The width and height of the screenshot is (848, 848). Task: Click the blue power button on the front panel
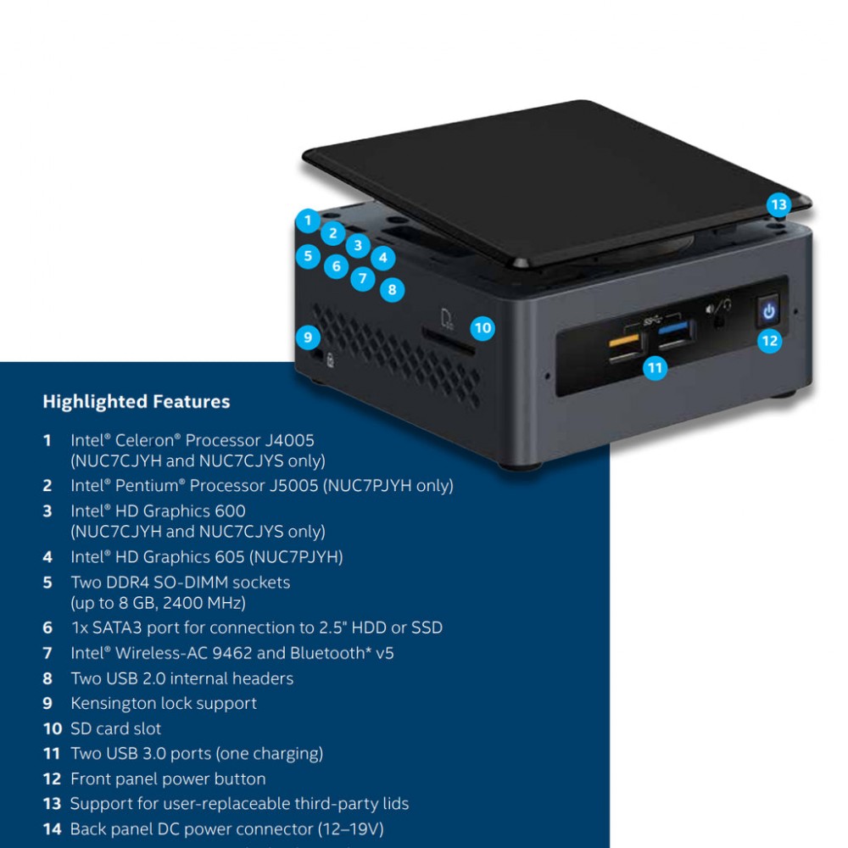[768, 311]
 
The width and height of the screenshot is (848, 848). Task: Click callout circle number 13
[778, 204]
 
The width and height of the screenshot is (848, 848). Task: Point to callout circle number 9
[308, 338]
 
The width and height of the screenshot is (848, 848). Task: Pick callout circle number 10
[483, 327]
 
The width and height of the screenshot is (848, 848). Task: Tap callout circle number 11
[655, 368]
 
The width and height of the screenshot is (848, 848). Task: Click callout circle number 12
[769, 341]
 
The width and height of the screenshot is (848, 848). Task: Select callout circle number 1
[308, 220]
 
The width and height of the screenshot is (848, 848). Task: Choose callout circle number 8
[391, 290]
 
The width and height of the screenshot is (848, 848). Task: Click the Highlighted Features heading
[136, 402]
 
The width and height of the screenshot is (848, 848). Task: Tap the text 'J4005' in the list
[287, 440]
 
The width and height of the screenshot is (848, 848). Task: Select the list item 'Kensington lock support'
[163, 703]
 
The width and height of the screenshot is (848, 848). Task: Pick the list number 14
[52, 828]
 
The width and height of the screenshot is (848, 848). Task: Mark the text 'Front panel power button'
[168, 778]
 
